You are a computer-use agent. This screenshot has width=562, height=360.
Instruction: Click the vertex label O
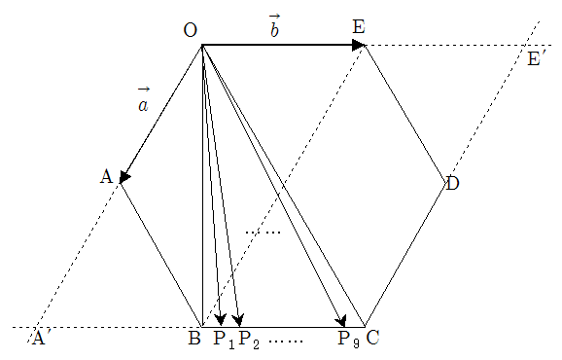(x=191, y=30)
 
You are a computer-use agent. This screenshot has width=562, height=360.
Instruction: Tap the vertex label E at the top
(x=359, y=27)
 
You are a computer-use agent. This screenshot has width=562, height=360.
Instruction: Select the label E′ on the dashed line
(x=536, y=58)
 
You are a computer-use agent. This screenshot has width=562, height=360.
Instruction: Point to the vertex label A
(x=106, y=177)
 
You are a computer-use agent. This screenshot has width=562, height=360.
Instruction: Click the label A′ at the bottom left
(x=39, y=338)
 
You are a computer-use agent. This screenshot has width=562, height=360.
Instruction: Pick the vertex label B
(x=194, y=338)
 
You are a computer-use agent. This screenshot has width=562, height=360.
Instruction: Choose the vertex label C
(x=372, y=338)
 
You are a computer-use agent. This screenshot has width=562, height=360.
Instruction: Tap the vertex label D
(x=453, y=184)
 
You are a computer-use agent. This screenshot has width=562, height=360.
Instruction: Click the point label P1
(x=225, y=340)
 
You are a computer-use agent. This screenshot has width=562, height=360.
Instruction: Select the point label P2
(x=249, y=340)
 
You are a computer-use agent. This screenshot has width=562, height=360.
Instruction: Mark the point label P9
(x=349, y=340)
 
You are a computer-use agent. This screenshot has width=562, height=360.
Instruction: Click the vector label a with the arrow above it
(x=144, y=99)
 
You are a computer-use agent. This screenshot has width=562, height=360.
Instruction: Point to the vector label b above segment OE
(x=274, y=26)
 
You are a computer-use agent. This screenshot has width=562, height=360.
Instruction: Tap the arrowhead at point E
(x=358, y=45)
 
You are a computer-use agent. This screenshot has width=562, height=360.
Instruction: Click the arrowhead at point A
(x=124, y=177)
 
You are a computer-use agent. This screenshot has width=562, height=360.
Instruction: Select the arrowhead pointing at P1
(x=221, y=319)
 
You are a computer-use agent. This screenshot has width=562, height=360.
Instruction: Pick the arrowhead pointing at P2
(x=238, y=319)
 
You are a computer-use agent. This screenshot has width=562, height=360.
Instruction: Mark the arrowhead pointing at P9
(x=341, y=320)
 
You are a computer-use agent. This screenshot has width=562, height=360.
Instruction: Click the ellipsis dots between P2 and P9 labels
(x=286, y=341)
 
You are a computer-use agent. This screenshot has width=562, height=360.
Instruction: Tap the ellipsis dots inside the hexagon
(x=263, y=233)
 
